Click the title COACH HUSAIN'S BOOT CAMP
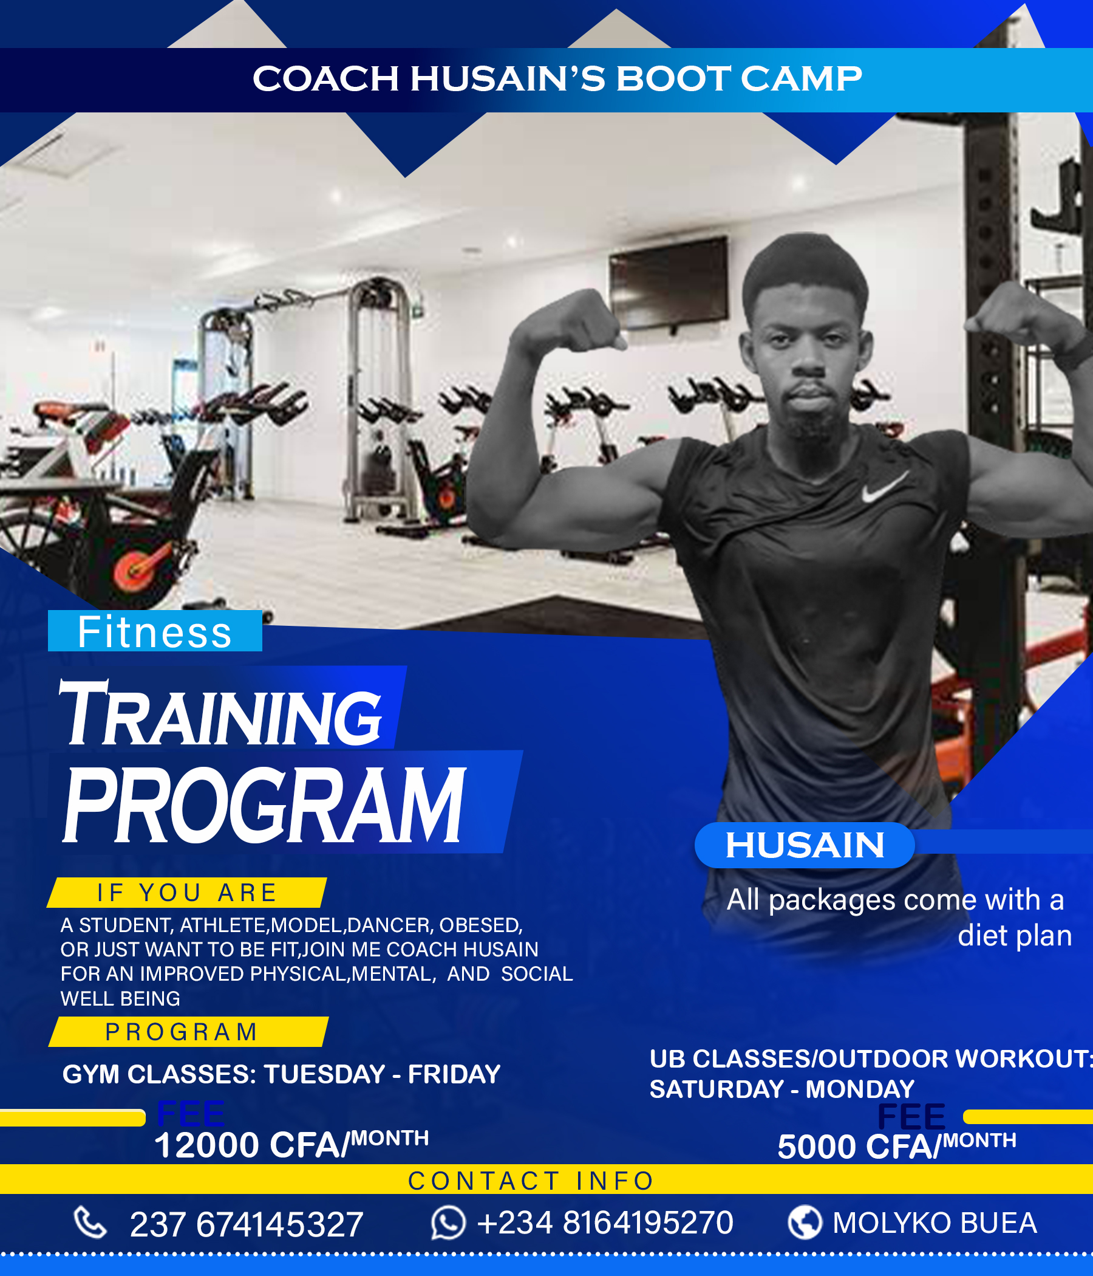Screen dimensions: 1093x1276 (x=557, y=79)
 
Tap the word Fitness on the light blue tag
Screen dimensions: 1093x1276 (x=154, y=632)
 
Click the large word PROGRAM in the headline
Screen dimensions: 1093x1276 (x=265, y=804)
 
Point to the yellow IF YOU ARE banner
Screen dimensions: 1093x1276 (x=186, y=893)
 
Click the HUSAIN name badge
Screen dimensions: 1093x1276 (x=805, y=845)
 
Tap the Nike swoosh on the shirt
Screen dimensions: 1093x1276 (x=884, y=487)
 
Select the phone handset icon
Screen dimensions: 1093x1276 (x=90, y=1223)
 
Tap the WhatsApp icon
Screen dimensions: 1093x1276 (x=448, y=1223)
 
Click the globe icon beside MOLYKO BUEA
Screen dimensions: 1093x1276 (x=805, y=1223)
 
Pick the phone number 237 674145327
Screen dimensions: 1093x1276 (x=246, y=1224)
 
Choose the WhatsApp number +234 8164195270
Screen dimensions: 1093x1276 (x=605, y=1223)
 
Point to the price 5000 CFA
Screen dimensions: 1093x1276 (x=859, y=1147)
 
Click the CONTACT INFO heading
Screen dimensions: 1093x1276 (x=531, y=1181)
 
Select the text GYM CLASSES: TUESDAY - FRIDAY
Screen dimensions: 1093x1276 (x=281, y=1074)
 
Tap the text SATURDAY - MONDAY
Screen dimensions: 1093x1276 (x=782, y=1089)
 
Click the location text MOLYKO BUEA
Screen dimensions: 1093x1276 (x=935, y=1223)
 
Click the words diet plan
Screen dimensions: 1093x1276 (x=1015, y=936)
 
